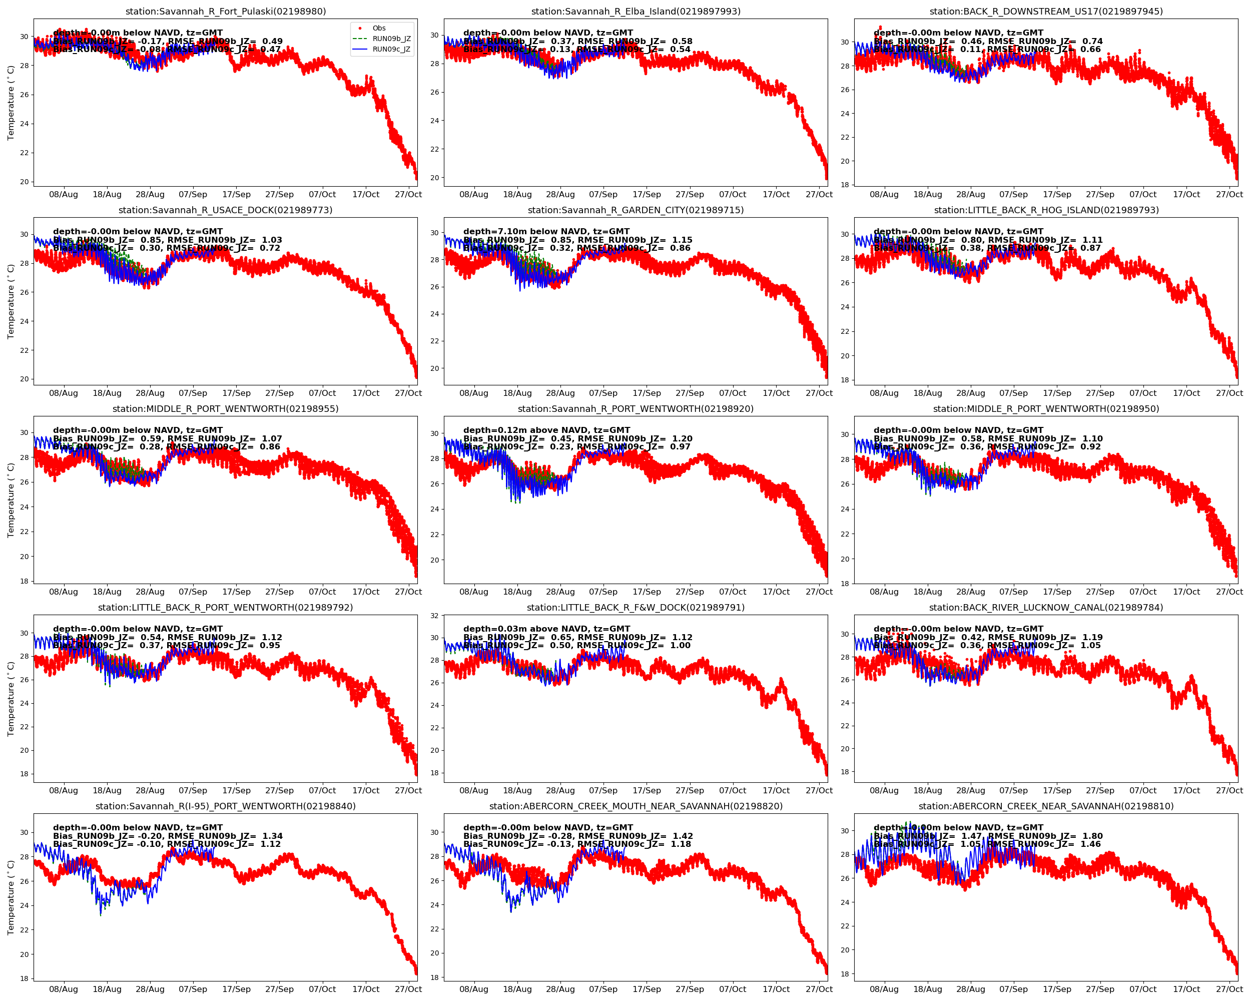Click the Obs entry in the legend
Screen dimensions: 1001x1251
tap(379, 28)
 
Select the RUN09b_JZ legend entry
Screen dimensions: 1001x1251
tap(391, 39)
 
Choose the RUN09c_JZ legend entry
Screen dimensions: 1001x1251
tap(391, 50)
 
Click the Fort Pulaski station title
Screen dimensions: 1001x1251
tap(226, 12)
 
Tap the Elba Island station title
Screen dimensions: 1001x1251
tap(636, 12)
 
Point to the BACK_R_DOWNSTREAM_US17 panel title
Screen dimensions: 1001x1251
tap(1046, 12)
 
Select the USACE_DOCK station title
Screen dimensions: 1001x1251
tap(226, 210)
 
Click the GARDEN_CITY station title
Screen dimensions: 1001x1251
tap(636, 210)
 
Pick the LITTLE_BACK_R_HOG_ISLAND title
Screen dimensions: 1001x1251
tap(1046, 210)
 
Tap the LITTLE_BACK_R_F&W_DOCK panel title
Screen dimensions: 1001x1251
tap(636, 608)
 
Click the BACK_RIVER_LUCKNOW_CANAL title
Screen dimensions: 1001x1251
tap(1046, 608)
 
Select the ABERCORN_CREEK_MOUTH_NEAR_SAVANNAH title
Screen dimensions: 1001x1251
tap(636, 806)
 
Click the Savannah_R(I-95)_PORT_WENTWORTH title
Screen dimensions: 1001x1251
tap(226, 806)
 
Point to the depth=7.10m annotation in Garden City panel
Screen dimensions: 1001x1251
tap(546, 232)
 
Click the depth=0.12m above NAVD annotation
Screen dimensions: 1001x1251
tap(546, 430)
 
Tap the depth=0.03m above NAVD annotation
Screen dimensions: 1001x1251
tap(546, 629)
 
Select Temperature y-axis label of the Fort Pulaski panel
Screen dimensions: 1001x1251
tap(11, 103)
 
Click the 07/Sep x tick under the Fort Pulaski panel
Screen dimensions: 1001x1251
tap(193, 194)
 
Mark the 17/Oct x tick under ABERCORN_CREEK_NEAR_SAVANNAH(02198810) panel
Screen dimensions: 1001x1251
tap(1186, 989)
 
